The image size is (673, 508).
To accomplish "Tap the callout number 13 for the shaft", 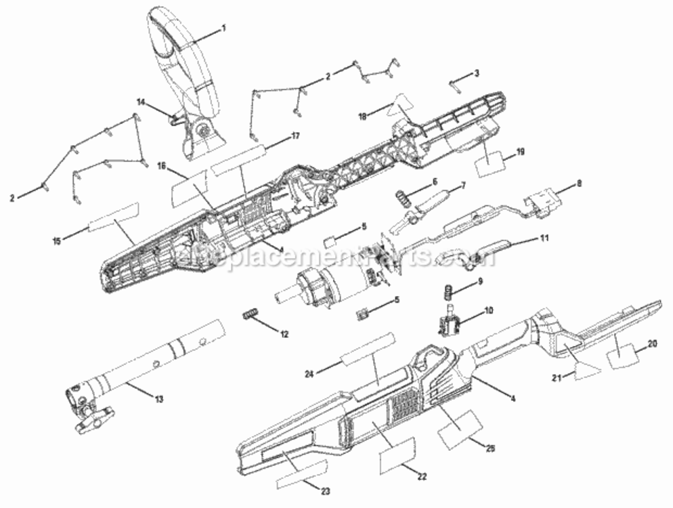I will click(159, 399).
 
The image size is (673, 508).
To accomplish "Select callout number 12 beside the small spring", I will click(284, 334).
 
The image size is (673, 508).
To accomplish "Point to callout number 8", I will click(578, 183).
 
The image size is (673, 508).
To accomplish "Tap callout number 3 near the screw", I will click(477, 72).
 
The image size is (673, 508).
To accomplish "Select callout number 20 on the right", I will click(653, 343).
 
